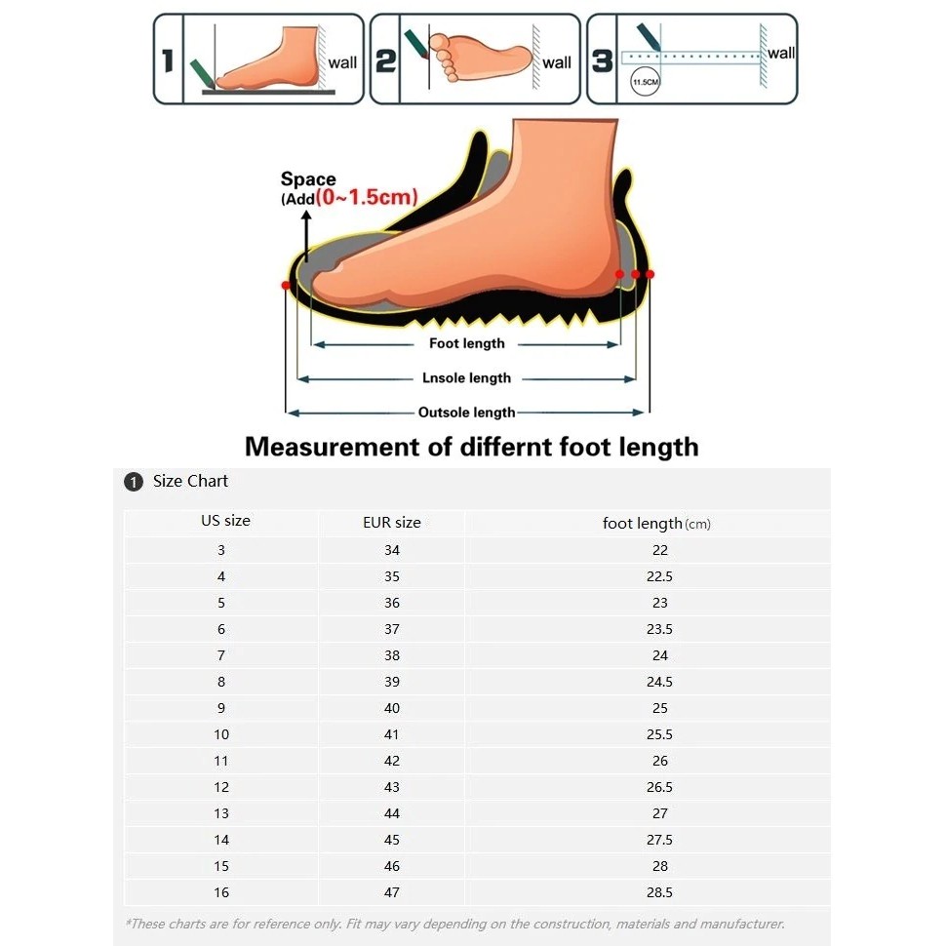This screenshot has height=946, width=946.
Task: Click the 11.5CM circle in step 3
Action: coord(645,82)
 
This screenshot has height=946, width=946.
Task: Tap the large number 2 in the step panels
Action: coord(385,60)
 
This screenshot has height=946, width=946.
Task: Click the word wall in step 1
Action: coord(342,62)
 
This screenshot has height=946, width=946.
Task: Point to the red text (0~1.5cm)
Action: coord(367,197)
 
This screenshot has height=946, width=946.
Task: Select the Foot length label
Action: coord(467,343)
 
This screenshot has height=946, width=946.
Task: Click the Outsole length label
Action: coord(466,413)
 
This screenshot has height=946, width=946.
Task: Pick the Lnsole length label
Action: coord(466,377)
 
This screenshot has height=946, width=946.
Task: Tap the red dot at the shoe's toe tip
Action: coord(286,285)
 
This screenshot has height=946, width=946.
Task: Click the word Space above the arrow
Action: coord(308,178)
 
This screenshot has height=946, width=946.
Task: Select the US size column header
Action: coord(225,521)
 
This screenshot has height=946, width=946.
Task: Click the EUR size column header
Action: coord(392,523)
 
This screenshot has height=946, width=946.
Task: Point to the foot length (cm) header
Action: coord(656,524)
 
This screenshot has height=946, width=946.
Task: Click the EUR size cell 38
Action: coord(392,655)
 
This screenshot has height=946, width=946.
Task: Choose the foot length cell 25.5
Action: coord(659,734)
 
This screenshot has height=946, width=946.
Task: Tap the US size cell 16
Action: coord(221,892)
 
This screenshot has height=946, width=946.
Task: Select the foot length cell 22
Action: coord(660,550)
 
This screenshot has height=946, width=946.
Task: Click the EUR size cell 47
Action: coord(392,892)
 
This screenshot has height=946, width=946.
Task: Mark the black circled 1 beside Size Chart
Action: coord(134,482)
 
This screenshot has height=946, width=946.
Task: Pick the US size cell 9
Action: coord(221,708)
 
